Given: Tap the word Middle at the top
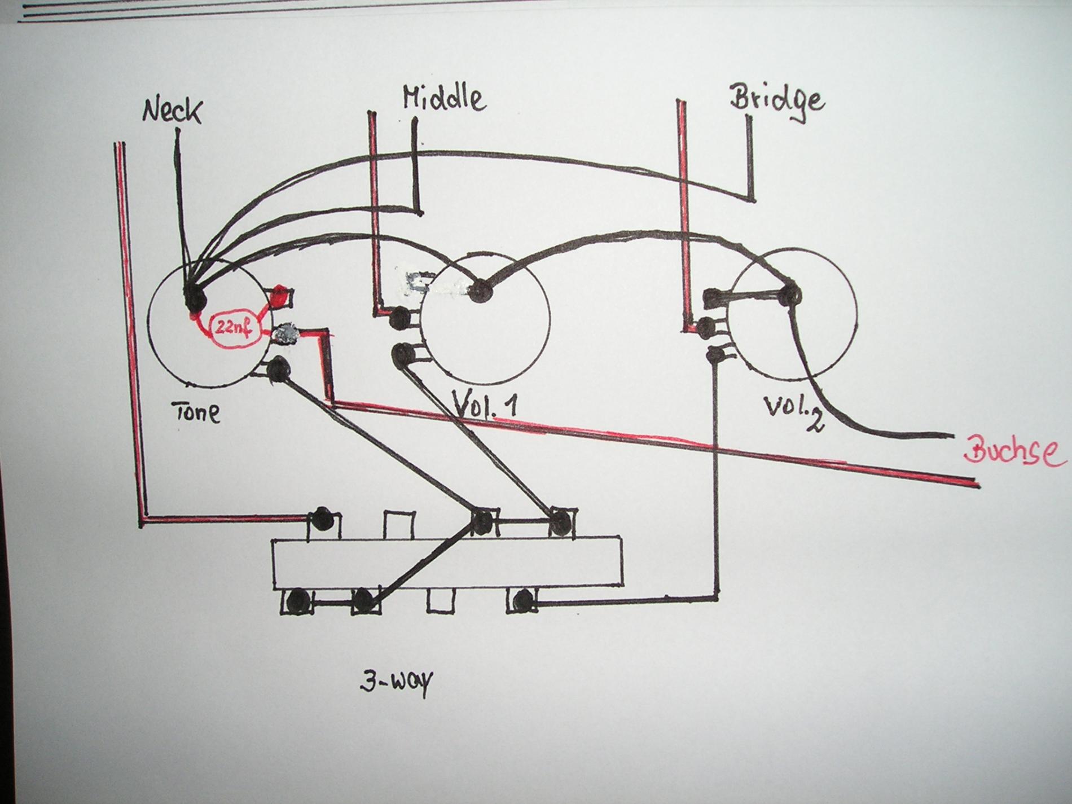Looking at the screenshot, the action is pos(444,98).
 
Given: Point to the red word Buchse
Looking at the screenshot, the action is pos(1014,453).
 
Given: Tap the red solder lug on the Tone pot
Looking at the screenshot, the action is pos(280,296).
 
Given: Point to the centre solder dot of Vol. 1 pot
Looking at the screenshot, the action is pos(480,291).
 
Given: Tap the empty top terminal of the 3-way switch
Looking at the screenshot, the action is pos(400,526).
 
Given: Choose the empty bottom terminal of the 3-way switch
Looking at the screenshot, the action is pos(441,600).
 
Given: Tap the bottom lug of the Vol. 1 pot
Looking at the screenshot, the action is pos(402,354).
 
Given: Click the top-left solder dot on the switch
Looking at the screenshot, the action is pos(322,518).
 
